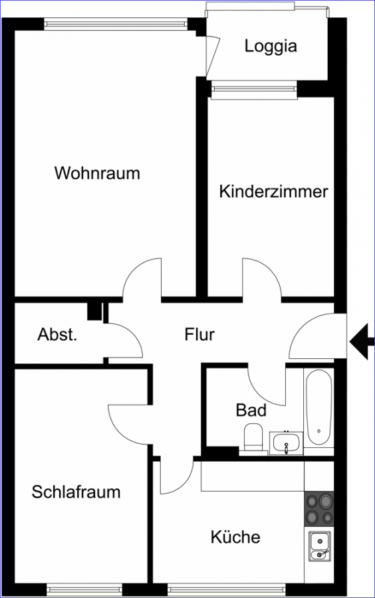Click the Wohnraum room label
tap(97, 173)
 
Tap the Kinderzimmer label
tap(273, 191)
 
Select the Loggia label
tap(271, 47)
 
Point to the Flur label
tap(199, 334)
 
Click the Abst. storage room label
tap(57, 335)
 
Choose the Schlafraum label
tap(76, 492)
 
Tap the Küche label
tap(235, 537)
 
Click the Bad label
tap(251, 411)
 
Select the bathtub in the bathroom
tap(318, 407)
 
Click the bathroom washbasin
tap(286, 443)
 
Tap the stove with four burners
tap(318, 508)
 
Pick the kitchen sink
tap(319, 547)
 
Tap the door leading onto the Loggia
tap(213, 56)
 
